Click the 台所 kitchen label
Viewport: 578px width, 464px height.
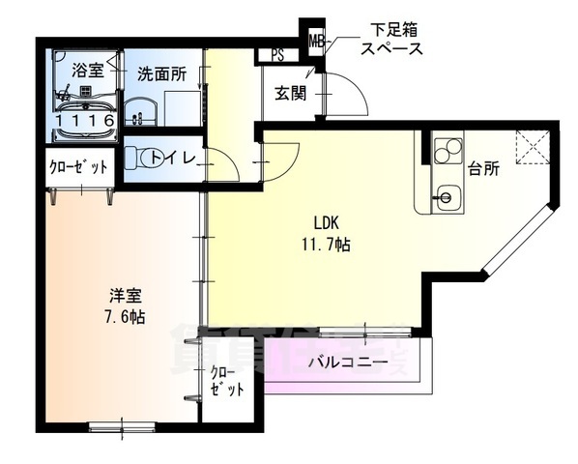[x=483, y=168]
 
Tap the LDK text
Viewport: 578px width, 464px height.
[x=323, y=219]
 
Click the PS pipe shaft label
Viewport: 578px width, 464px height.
[x=278, y=55]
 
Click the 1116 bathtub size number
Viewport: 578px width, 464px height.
[x=86, y=120]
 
